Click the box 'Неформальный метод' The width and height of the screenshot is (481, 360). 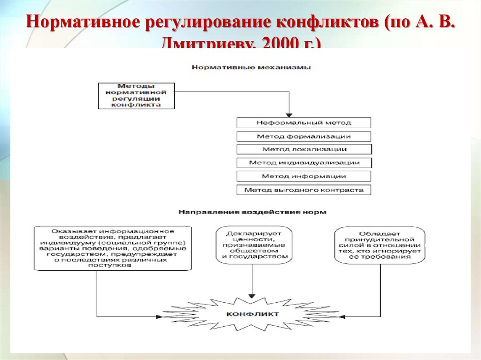pos(304,123)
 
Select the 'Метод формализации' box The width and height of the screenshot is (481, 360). pos(304,137)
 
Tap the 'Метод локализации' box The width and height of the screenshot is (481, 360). pos(304,149)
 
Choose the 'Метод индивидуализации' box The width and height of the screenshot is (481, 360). pos(304,163)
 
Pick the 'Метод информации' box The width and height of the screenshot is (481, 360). pos(304,176)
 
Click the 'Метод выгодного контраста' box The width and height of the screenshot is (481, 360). pos(304,190)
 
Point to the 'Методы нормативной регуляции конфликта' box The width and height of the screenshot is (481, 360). pos(136,96)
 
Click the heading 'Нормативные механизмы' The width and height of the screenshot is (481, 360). pos(251,68)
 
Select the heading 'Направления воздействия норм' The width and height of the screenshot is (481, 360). pos(252,212)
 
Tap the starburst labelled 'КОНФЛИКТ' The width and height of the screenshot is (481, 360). pos(252,314)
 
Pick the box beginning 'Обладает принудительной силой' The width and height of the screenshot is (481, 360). pos(380,245)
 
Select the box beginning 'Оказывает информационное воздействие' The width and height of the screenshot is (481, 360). pos(113,248)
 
